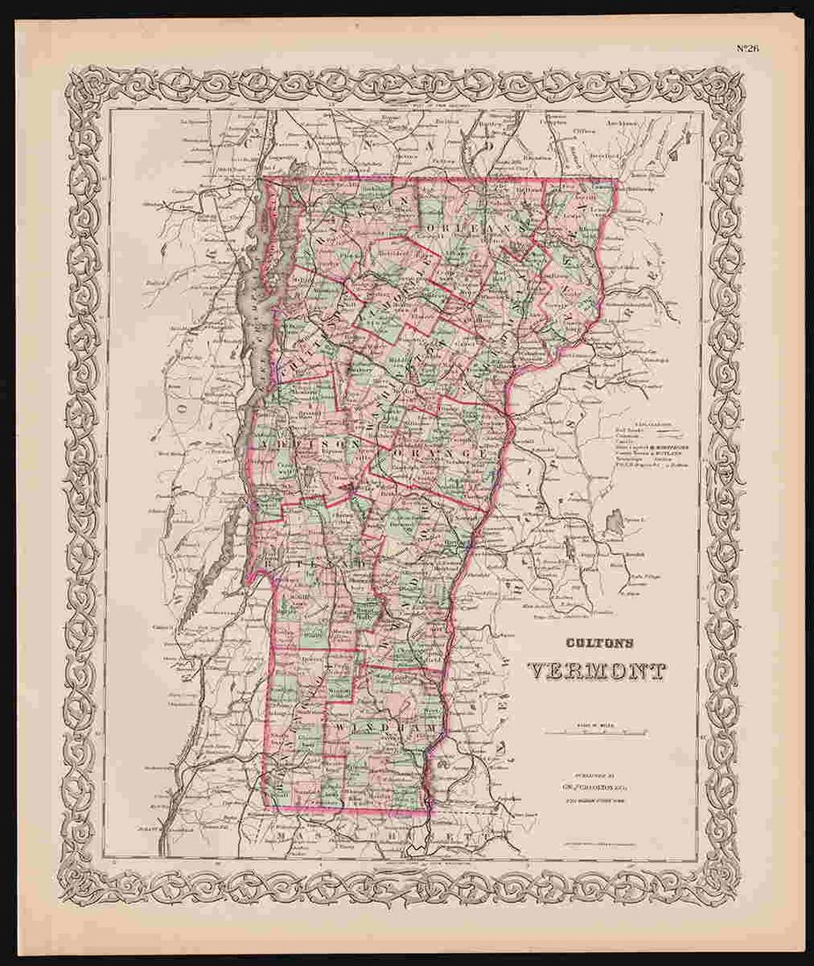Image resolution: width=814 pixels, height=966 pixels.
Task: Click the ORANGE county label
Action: [x=430, y=453]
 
